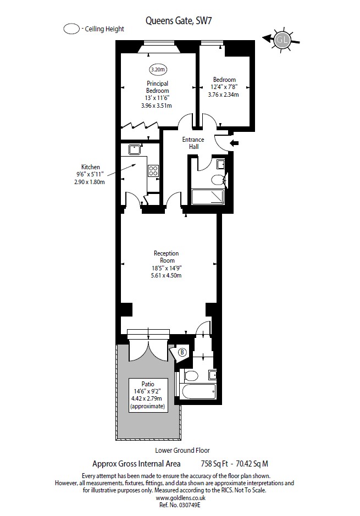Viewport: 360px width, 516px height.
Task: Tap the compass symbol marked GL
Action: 283,39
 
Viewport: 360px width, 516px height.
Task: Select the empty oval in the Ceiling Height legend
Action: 71,29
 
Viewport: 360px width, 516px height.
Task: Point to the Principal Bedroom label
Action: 158,87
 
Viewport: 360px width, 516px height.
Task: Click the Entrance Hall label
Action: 193,143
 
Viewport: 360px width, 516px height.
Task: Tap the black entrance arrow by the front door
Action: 234,143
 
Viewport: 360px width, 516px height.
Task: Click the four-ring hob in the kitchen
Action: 153,171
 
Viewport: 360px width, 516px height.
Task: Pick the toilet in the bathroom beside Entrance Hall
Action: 218,179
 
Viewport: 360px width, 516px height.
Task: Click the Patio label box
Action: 147,395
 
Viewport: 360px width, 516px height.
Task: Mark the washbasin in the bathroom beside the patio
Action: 212,375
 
